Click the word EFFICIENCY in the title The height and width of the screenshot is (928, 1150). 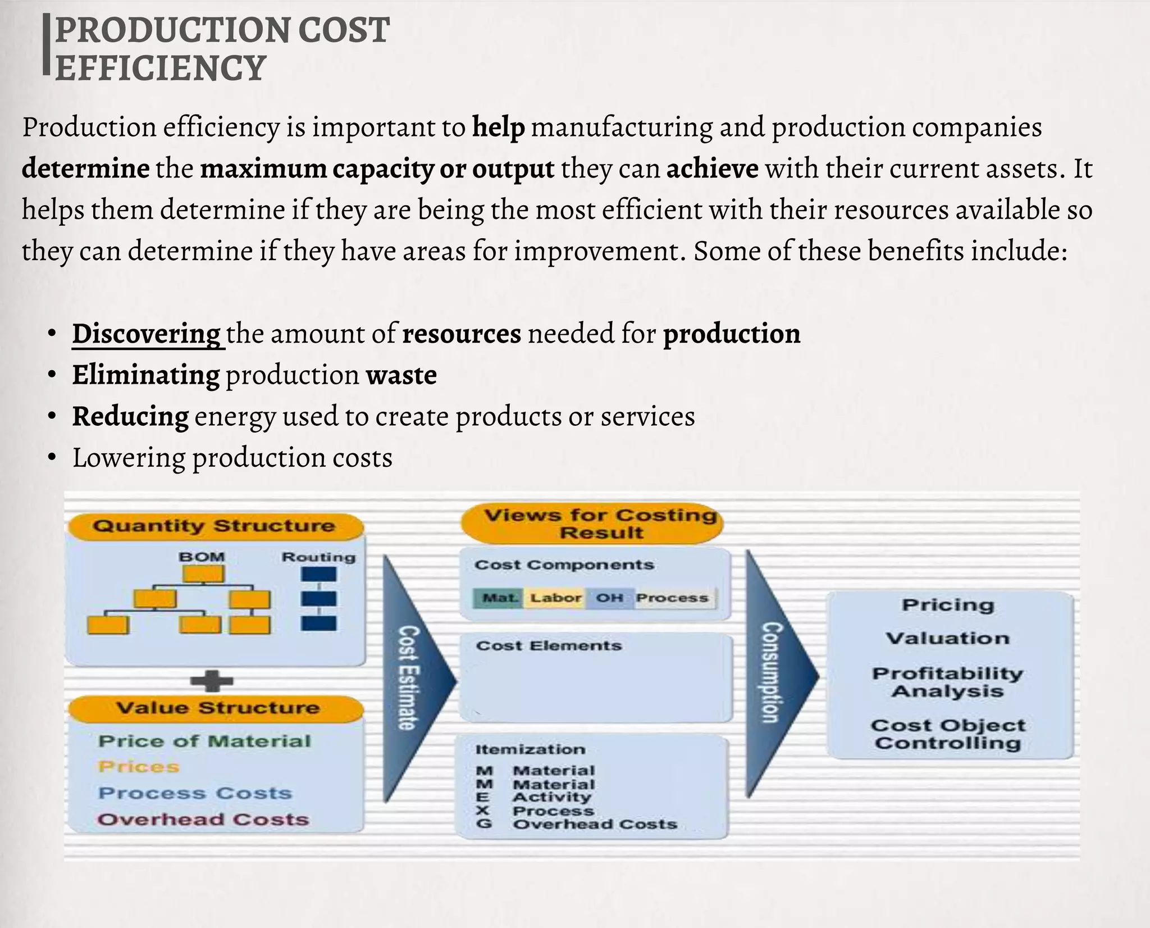click(x=160, y=68)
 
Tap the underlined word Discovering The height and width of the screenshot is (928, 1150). click(x=147, y=334)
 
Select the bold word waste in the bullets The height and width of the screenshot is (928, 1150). click(x=401, y=375)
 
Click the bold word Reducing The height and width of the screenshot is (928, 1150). click(x=130, y=417)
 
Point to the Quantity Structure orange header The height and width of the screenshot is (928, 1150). click(x=215, y=526)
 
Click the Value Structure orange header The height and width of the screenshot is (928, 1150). click(x=217, y=708)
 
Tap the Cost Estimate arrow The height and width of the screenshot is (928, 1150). click(x=413, y=678)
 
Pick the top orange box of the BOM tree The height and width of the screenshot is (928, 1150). click(x=203, y=574)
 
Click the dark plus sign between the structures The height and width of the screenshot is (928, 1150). click(x=212, y=681)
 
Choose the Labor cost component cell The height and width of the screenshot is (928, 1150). click(x=555, y=598)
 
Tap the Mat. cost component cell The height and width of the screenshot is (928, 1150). click(x=500, y=598)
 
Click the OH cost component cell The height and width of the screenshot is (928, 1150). click(x=609, y=598)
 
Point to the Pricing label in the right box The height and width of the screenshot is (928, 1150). click(x=948, y=605)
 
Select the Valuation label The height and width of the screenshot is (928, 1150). click(x=948, y=639)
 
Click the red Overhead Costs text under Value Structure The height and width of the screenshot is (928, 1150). click(x=203, y=820)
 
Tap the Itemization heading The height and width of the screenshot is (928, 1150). click(x=530, y=749)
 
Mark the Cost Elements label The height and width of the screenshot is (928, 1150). click(x=549, y=646)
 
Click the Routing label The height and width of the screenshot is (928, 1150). click(x=318, y=557)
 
